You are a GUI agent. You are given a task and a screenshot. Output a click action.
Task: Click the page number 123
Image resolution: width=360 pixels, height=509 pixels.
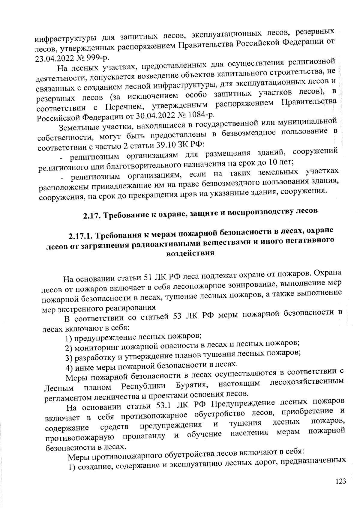point(340,481)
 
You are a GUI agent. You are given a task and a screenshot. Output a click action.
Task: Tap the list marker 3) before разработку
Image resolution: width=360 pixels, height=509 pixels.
point(69,358)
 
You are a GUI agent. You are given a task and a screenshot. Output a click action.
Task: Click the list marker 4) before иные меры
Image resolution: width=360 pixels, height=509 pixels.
point(70,368)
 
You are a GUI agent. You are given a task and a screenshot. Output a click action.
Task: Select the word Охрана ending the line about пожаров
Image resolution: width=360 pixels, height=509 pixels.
point(327,274)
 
